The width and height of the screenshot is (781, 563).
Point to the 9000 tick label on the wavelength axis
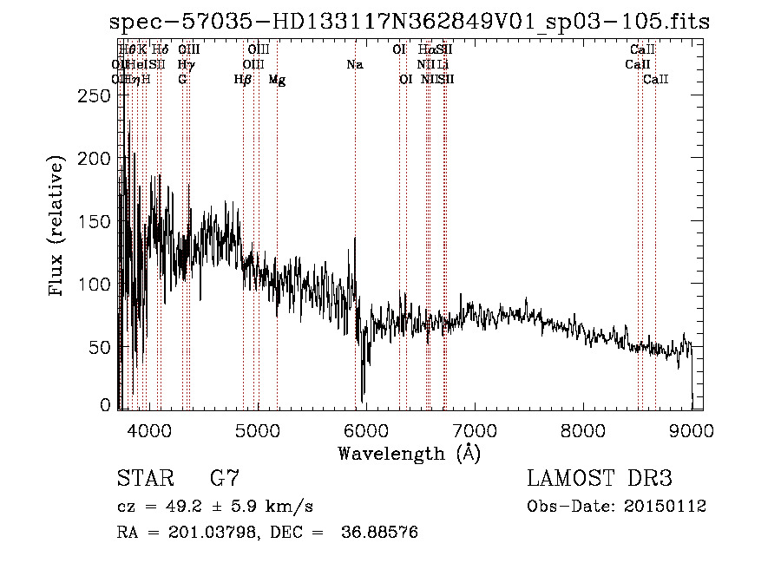click(692, 429)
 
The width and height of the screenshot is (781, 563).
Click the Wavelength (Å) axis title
click(409, 453)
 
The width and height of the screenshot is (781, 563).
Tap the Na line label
click(354, 65)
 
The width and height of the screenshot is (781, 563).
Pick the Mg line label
click(277, 80)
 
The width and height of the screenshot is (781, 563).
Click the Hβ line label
click(243, 80)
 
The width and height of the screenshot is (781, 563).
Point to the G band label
click(182, 80)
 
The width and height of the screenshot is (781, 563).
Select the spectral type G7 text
click(225, 479)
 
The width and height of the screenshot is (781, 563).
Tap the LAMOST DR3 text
click(600, 479)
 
